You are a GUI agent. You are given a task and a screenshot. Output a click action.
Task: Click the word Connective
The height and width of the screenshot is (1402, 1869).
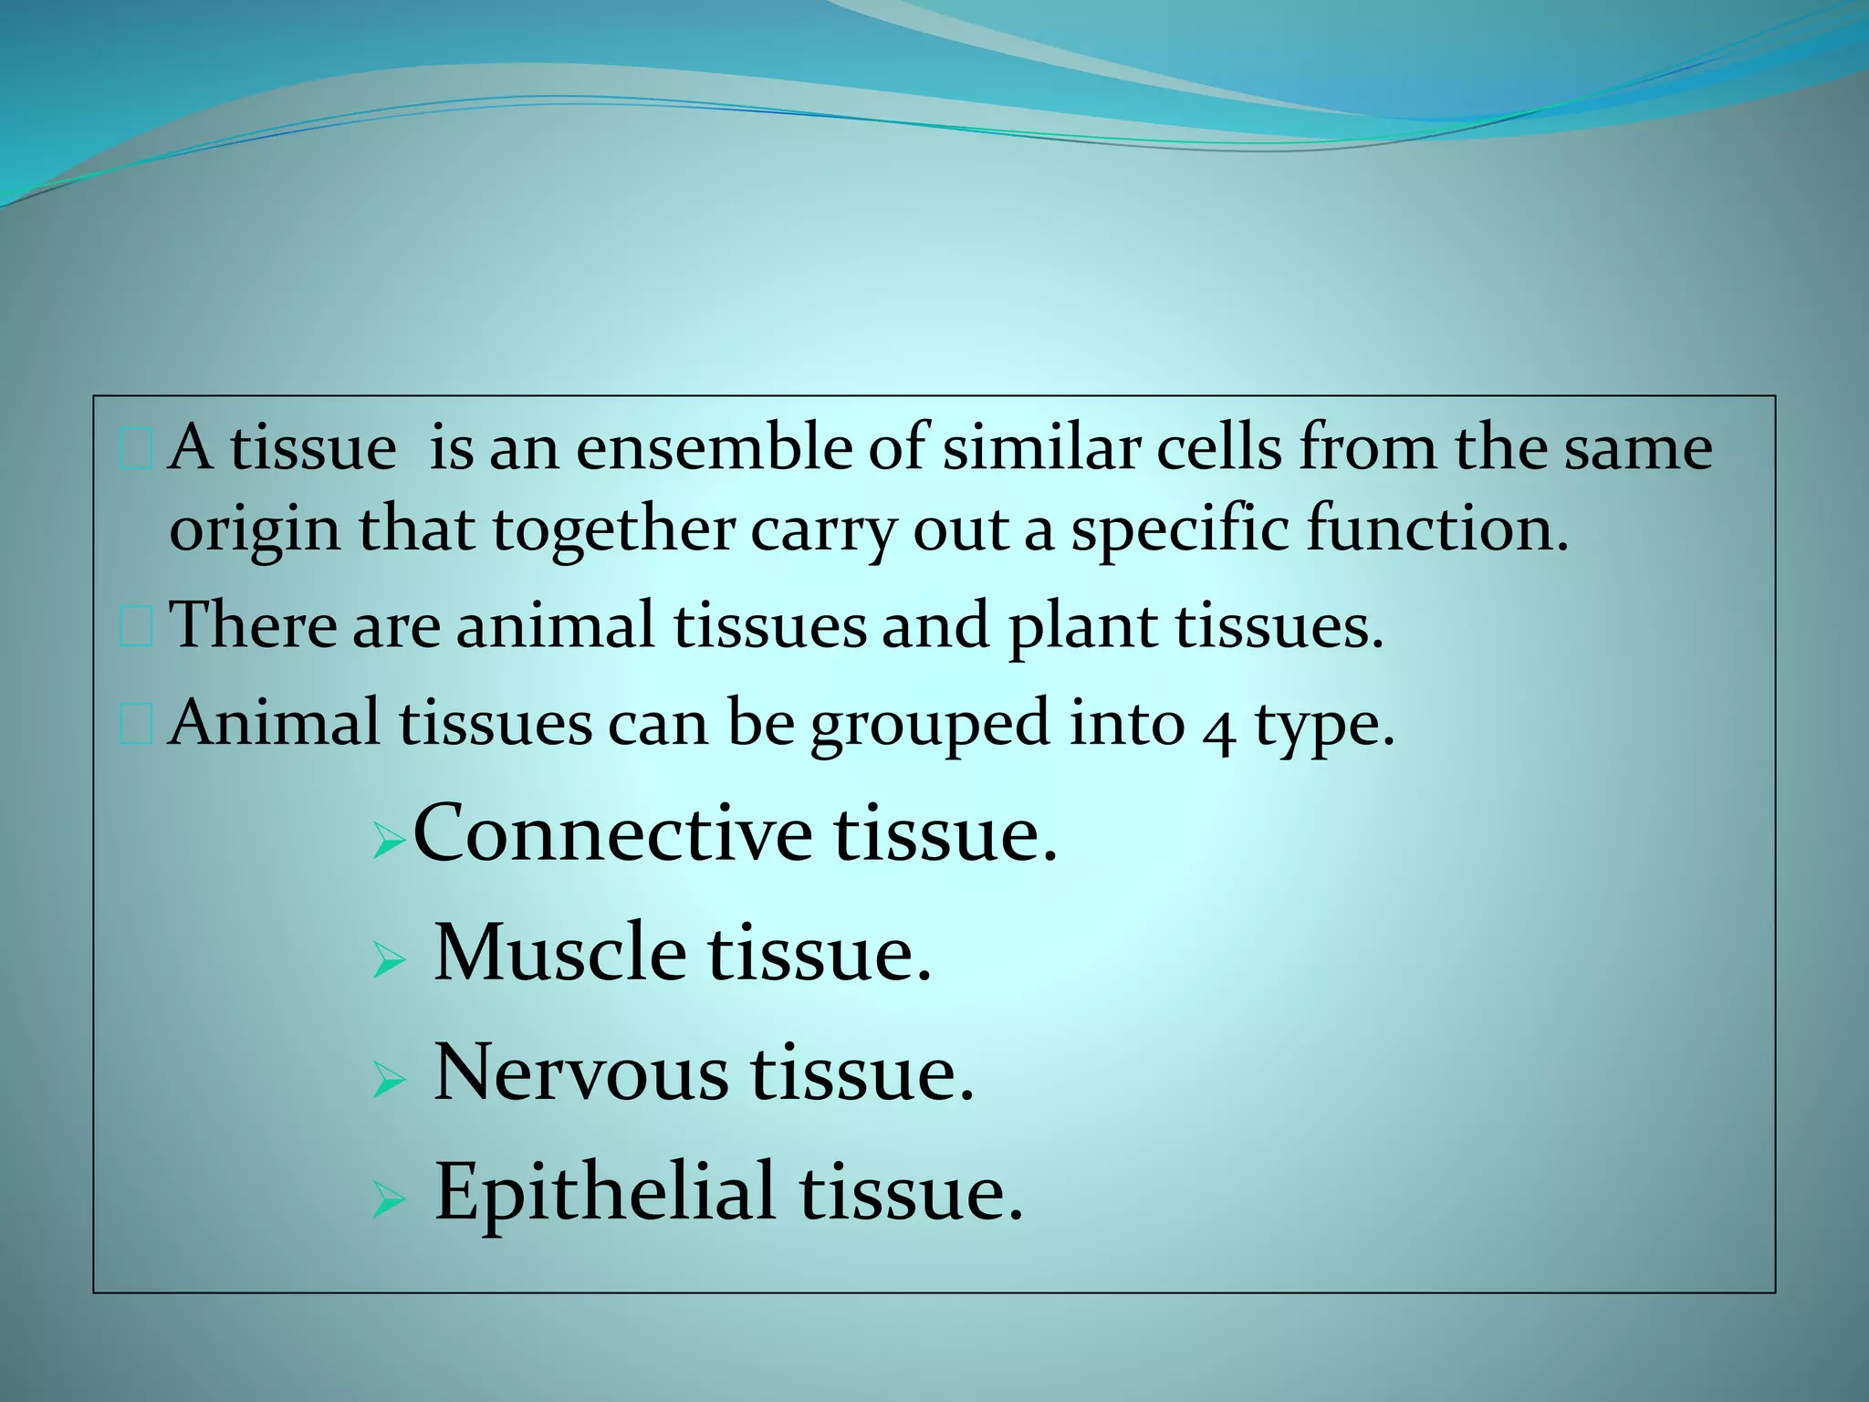(x=611, y=832)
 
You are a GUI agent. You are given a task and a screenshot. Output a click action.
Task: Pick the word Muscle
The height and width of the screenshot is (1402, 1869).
(x=559, y=952)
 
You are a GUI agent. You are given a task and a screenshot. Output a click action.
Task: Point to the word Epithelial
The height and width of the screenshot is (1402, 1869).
(x=604, y=1192)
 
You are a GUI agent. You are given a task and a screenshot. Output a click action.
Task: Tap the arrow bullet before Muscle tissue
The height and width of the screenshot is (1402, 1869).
(x=389, y=961)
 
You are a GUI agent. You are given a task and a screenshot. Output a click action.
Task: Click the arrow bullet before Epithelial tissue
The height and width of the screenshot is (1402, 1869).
(x=389, y=1202)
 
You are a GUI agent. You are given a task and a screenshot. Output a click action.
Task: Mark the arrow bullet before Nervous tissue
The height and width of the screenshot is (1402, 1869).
(x=389, y=1082)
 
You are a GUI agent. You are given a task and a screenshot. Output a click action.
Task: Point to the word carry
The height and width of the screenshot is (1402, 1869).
(x=822, y=531)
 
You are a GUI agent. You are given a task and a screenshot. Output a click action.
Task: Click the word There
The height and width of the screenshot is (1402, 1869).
(x=253, y=625)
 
